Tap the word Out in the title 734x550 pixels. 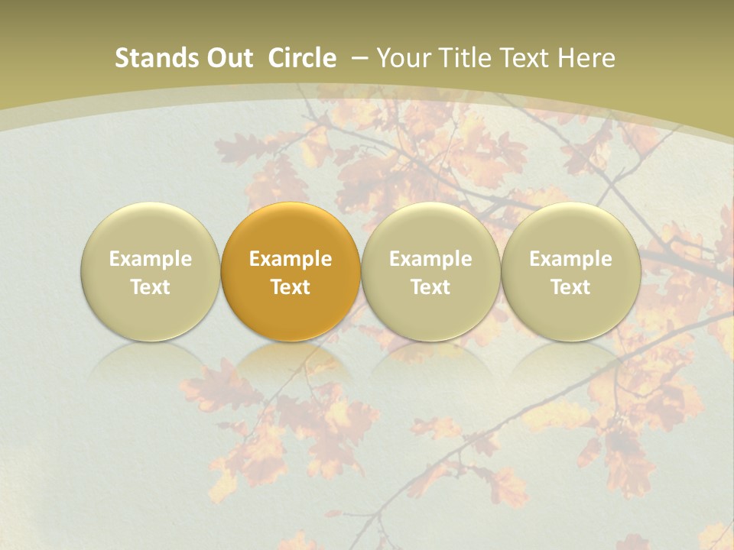[228, 58]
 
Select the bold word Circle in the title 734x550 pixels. [302, 58]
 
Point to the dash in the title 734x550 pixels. [359, 58]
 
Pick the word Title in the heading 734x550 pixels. [460, 58]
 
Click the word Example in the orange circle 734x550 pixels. [291, 259]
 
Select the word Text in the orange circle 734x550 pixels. [291, 287]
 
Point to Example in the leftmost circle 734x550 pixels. [151, 259]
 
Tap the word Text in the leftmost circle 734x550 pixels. [151, 287]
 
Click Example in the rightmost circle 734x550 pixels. [570, 259]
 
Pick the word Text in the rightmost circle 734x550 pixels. [570, 287]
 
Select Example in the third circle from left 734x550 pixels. [430, 259]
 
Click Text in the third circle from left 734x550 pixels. [430, 287]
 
